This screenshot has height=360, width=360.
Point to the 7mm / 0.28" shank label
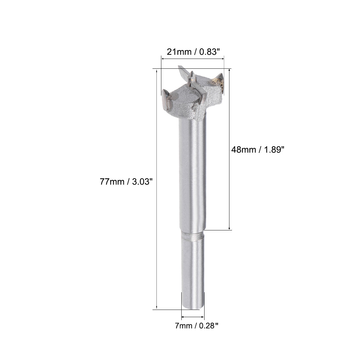click(192, 326)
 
